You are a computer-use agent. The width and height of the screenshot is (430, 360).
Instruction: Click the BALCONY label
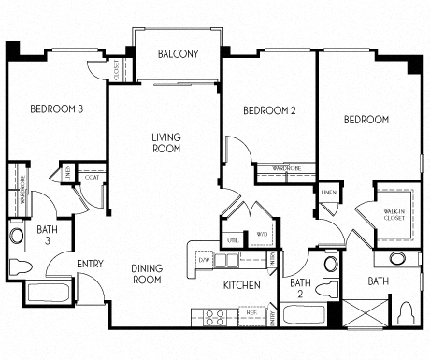coord(178,54)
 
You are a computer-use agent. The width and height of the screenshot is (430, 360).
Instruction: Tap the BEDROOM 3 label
coord(57,109)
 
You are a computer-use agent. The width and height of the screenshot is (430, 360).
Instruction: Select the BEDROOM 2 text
coord(269,111)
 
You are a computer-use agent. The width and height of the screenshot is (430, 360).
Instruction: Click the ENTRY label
coord(90,264)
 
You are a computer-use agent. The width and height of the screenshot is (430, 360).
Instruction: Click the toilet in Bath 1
coord(407,311)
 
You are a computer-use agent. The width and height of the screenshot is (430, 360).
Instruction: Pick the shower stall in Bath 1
coord(364,311)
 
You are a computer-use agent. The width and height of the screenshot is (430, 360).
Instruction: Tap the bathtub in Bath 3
coord(48,292)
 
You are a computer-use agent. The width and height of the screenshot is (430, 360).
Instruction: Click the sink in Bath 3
coord(17,236)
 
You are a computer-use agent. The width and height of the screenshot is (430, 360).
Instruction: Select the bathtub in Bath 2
coord(301,317)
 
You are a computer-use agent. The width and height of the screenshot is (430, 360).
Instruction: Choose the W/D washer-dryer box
coord(261,235)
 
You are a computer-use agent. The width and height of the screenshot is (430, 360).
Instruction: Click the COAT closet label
coord(92,177)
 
